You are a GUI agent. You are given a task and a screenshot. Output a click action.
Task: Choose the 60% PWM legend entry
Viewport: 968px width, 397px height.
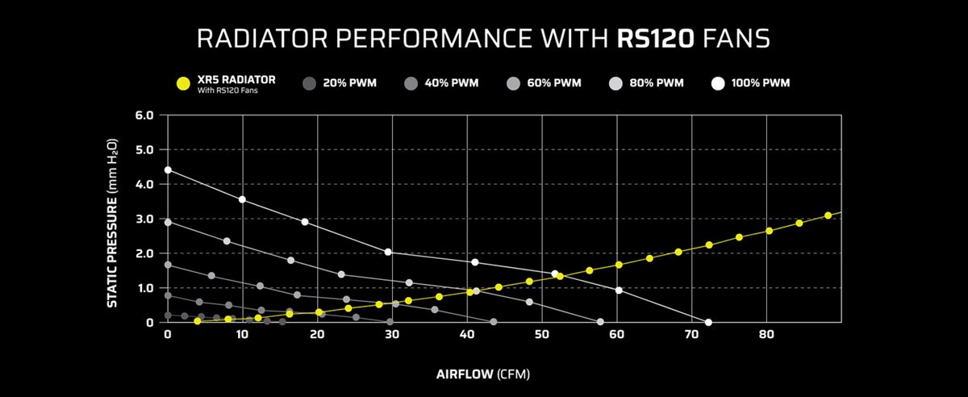click(x=551, y=83)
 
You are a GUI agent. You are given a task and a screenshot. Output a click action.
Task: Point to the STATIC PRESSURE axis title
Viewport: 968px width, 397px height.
click(x=114, y=218)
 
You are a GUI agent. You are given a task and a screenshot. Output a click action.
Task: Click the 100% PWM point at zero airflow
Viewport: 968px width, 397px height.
click(x=168, y=169)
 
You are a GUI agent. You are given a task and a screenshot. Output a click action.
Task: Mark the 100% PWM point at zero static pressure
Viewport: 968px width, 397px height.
click(x=708, y=322)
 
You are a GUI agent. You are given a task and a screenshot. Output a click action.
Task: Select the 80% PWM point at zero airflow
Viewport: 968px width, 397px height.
click(x=168, y=222)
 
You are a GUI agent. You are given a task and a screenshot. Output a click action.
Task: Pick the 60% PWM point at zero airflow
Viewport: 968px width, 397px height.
click(x=168, y=265)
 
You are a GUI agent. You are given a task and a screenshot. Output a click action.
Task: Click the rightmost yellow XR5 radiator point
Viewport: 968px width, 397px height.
click(x=828, y=215)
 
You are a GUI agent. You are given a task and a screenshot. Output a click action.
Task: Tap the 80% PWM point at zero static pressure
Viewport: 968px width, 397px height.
click(x=600, y=322)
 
